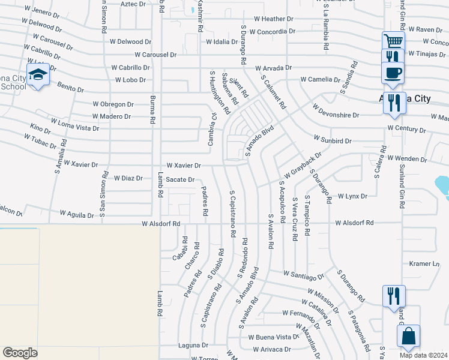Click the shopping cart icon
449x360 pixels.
point(394,41)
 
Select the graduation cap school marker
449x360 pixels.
point(38,75)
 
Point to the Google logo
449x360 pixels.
point(20,353)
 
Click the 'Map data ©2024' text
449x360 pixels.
point(424,355)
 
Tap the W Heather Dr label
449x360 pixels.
point(273,19)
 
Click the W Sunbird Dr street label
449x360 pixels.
point(332,140)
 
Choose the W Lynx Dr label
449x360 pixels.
point(352,196)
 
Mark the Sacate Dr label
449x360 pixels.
point(180,179)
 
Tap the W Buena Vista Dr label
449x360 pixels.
point(274,337)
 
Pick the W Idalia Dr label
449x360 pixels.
point(226,42)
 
